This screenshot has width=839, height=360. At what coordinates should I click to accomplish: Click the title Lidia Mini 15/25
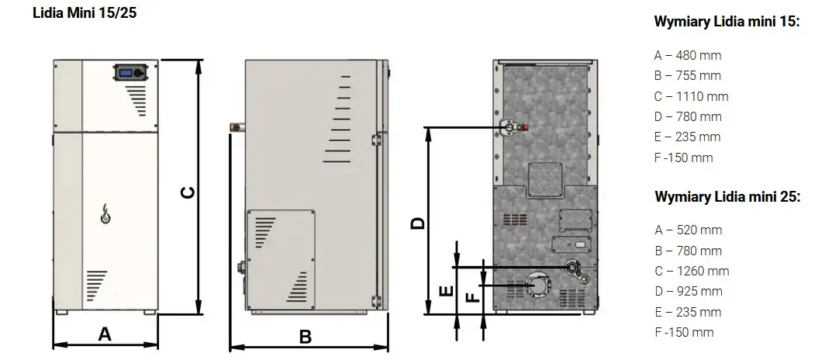click(x=85, y=13)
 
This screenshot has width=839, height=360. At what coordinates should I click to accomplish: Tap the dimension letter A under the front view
click(x=105, y=334)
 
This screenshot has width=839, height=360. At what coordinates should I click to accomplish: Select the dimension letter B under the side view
click(x=305, y=337)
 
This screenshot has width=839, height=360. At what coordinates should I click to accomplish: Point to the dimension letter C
click(x=188, y=192)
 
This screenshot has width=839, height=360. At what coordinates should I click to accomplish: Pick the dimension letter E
click(x=447, y=291)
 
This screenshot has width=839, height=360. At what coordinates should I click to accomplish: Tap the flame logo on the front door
click(x=106, y=214)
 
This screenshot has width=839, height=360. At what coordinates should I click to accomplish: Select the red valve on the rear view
click(x=526, y=127)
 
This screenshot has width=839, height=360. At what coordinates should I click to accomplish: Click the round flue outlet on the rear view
click(x=537, y=286)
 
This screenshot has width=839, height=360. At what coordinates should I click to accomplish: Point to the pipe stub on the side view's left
click(x=236, y=127)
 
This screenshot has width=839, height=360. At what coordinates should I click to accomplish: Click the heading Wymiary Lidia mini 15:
click(x=727, y=22)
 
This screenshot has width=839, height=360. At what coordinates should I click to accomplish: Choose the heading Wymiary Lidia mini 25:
click(x=727, y=196)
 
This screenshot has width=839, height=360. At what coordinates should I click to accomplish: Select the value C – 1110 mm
click(x=692, y=96)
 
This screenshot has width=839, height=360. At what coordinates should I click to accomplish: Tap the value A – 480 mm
click(x=688, y=55)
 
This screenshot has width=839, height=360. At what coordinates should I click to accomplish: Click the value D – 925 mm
click(x=688, y=292)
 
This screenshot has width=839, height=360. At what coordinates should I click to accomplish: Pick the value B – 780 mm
click(x=688, y=251)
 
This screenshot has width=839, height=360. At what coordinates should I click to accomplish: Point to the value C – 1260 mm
click(x=692, y=271)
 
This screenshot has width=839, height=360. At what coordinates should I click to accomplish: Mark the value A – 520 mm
click(x=688, y=230)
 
